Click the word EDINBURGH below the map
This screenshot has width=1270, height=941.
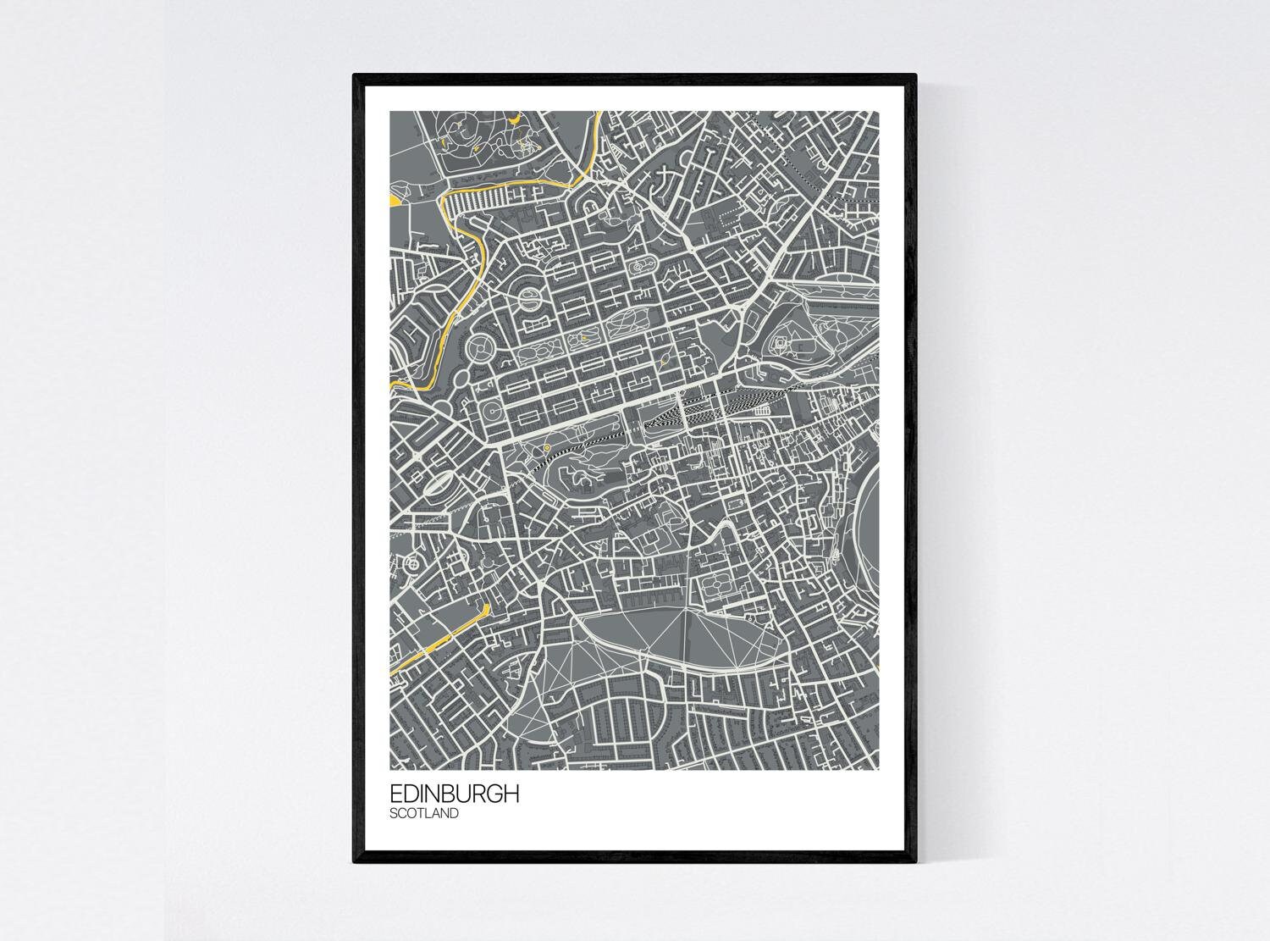tap(454, 794)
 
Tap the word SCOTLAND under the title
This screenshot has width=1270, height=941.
tap(424, 814)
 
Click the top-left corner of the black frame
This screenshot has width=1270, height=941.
tap(355, 76)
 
